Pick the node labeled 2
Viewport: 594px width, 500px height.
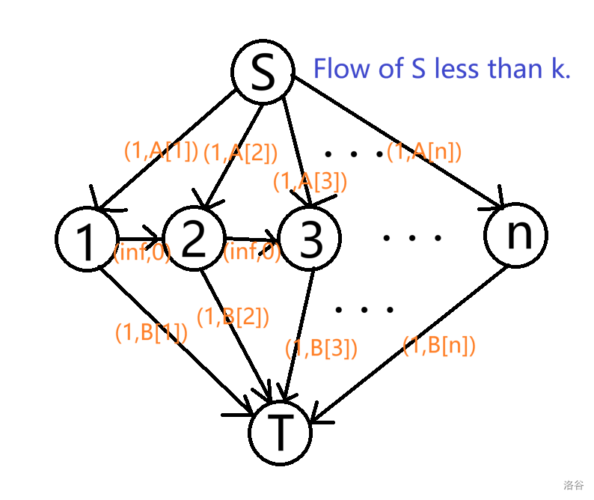click(193, 239)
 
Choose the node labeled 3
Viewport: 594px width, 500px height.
click(308, 239)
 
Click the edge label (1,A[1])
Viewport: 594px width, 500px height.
click(161, 152)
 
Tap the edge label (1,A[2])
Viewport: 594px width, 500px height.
click(241, 153)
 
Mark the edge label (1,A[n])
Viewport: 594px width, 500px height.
click(424, 152)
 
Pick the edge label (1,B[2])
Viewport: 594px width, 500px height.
click(233, 317)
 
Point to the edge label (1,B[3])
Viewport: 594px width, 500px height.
click(321, 348)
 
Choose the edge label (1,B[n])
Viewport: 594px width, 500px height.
click(439, 346)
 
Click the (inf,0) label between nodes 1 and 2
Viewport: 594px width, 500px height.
click(142, 253)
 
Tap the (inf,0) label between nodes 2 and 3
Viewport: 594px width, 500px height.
click(252, 253)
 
